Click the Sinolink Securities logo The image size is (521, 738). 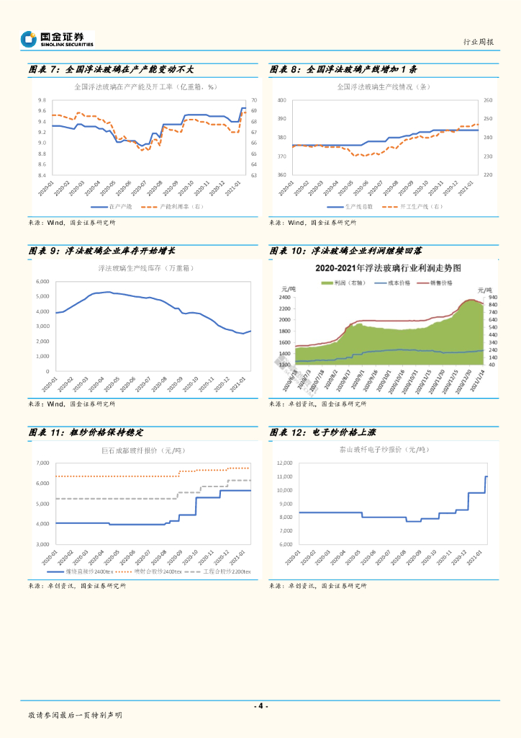pyautogui.click(x=58, y=38)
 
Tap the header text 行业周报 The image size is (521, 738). pyautogui.click(x=479, y=42)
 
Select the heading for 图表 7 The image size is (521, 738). pyautogui.click(x=112, y=70)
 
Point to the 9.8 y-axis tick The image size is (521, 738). pyautogui.click(x=42, y=100)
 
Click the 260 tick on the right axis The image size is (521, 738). pyautogui.click(x=487, y=100)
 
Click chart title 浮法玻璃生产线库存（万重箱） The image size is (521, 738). pyautogui.click(x=146, y=268)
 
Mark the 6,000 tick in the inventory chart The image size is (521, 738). pyautogui.click(x=42, y=281)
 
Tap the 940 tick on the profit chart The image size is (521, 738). pyautogui.click(x=492, y=297)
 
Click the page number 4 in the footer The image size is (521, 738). pyautogui.click(x=260, y=706)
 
